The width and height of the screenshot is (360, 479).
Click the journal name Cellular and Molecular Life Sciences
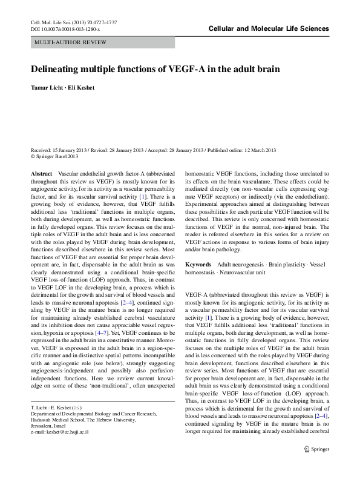pyautogui.click(x=269, y=28)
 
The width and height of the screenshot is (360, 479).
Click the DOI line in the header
pyautogui.click(x=65, y=28)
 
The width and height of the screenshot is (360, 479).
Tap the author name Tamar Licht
pyautogui.click(x=47, y=87)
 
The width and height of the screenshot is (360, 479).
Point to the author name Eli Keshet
pyautogui.click(x=82, y=87)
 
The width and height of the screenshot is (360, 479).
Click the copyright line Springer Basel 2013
pyautogui.click(x=57, y=156)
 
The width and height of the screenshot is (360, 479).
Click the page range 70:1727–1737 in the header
pyautogui.click(x=99, y=22)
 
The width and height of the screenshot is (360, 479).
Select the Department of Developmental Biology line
pyautogui.click(x=91, y=430)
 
